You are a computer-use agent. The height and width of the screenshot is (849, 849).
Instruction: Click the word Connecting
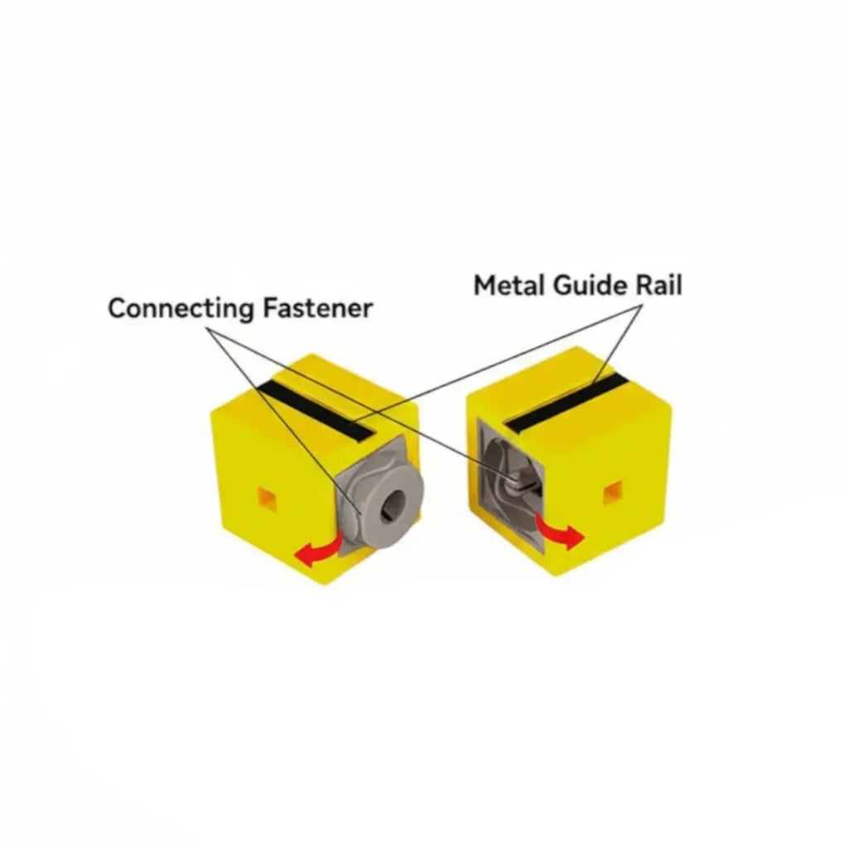pos(181,309)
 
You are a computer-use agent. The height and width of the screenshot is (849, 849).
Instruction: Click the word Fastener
pos(318,308)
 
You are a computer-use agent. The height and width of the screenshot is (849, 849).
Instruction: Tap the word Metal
pos(510,285)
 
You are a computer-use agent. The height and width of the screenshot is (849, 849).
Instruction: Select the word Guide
pos(590,286)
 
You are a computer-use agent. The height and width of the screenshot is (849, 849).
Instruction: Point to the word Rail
pos(658,285)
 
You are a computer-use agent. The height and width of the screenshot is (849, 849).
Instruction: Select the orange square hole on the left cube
pos(267,498)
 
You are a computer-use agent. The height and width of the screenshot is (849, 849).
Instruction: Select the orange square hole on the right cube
pos(613,492)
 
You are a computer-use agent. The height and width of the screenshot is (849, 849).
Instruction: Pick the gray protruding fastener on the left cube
pos(379,496)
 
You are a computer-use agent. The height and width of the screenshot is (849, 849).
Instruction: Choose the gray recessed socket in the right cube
pos(509,482)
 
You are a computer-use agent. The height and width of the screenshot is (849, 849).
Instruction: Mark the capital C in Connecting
pos(119,308)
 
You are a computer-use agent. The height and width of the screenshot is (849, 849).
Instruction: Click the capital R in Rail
pos(644,285)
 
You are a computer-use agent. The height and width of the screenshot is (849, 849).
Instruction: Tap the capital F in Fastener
pos(271,308)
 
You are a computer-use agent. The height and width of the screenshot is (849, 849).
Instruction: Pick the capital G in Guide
pos(565,285)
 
